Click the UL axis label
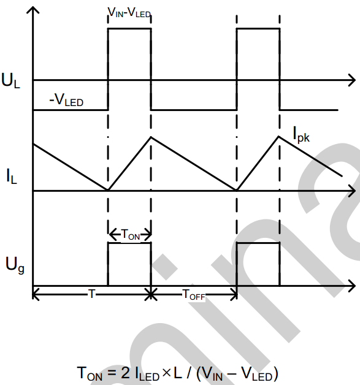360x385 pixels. pos(10,80)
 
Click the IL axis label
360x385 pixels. pos(12,176)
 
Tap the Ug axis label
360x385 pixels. pos(15,265)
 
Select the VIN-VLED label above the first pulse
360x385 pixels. pos(129,12)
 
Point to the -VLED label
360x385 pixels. pos(66,100)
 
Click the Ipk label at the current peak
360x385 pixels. pos(301,134)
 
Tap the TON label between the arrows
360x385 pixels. pos(131,234)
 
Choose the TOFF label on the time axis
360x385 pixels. pos(194,294)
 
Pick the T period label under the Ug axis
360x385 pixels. pos(91,294)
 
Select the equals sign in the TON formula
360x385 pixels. pos(112,373)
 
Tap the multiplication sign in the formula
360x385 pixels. pos(166,373)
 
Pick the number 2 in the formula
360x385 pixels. pos(125,373)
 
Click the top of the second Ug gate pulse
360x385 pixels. pos(258,243)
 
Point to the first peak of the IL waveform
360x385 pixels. pos(151,137)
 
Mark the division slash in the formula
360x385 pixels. pos(189,373)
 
